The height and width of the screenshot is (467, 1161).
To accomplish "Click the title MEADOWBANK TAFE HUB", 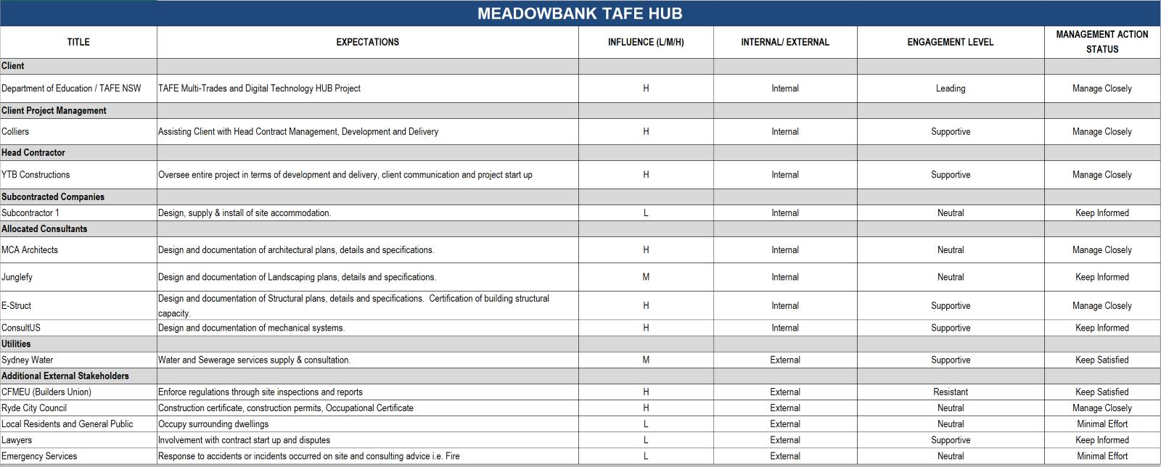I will pos(579,13).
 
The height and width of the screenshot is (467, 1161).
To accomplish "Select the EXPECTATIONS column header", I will pos(367,42).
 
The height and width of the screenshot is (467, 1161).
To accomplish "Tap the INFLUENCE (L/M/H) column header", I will pos(646,42).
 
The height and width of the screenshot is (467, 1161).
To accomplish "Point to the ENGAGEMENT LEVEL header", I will pos(950,42).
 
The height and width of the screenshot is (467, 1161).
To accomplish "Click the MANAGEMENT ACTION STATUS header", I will pos(1101,42).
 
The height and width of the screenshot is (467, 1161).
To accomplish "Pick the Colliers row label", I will pos(15,131).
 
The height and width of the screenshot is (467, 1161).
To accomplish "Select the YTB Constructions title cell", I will pos(36,175).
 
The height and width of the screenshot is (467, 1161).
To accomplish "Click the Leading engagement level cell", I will pos(950,88).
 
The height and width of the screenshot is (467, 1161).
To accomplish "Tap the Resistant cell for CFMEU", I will pos(950,392).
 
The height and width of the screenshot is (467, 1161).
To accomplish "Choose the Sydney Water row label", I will pos(27,360).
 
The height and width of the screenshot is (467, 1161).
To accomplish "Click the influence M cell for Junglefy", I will pos(646,277).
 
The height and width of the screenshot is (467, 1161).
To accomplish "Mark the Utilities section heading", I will pos(16,344).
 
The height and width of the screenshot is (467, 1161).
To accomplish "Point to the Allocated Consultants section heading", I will pos(44,228).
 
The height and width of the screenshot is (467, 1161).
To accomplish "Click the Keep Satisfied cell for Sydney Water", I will pos(1101,360).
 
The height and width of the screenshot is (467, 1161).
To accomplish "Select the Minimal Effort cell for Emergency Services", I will pos(1101,456).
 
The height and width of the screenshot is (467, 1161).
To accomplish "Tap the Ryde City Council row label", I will pos(34,408).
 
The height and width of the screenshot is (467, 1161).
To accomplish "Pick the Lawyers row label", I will pos(17,440).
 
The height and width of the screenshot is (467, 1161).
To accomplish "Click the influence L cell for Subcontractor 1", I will pos(646,213).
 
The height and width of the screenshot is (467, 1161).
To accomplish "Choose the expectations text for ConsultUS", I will pos(251,328).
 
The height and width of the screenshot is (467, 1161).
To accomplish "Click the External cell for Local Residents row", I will pos(784,424).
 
